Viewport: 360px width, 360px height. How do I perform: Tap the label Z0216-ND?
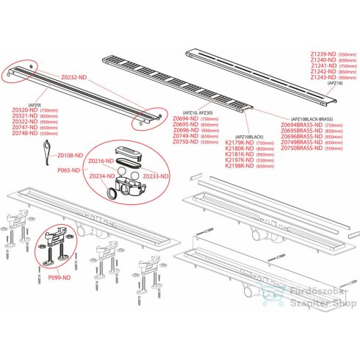point(100,161)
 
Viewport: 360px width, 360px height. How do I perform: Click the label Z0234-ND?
point(100,176)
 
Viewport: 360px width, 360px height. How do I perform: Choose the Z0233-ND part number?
point(156,176)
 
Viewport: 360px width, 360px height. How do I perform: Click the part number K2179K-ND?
point(229,143)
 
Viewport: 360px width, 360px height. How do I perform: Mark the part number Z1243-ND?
point(323,77)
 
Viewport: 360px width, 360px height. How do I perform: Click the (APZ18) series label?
point(335,84)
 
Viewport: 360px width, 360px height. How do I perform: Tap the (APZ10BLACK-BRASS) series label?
point(313,118)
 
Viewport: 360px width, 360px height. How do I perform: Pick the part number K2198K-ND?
point(229,167)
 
